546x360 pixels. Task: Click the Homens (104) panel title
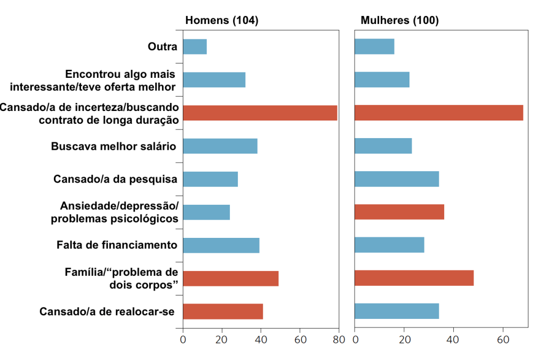(x=221, y=21)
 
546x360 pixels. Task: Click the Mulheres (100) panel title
(x=399, y=21)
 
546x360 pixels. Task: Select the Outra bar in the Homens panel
(x=195, y=47)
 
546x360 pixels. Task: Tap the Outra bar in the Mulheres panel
(x=374, y=47)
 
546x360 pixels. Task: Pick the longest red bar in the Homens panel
(x=260, y=113)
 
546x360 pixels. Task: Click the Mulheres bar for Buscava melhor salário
(x=383, y=146)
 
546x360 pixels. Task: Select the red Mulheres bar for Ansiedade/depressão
(x=399, y=212)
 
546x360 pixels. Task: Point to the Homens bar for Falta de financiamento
(x=221, y=245)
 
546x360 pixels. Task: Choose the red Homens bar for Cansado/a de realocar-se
(x=223, y=311)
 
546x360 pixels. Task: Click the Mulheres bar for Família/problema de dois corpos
(x=414, y=278)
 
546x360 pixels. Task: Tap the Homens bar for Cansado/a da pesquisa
(x=210, y=179)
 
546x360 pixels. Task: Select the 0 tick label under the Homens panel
(x=183, y=340)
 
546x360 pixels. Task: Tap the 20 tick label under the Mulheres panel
(x=404, y=340)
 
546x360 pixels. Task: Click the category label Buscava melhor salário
(x=114, y=146)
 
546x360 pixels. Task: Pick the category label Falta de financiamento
(x=117, y=245)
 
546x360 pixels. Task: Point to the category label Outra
(x=162, y=47)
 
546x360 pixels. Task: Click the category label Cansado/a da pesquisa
(x=115, y=179)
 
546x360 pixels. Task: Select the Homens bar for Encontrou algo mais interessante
(x=214, y=80)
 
